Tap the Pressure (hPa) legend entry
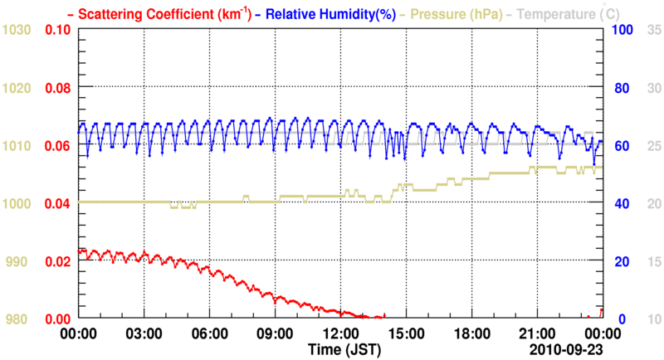coord(455,14)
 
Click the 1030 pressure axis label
coord(17,30)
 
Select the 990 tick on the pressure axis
coord(17,261)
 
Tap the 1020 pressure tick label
coord(17,88)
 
